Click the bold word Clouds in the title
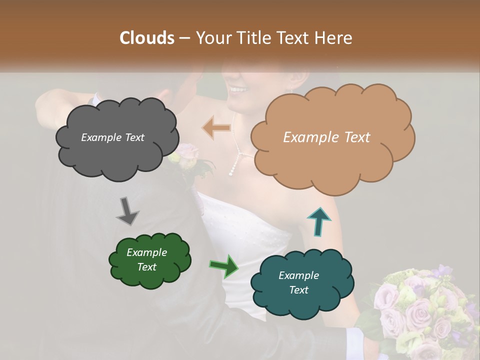click(147, 38)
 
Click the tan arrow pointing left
click(216, 128)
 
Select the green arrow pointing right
click(224, 265)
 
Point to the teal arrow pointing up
click(318, 221)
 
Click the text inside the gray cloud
click(112, 137)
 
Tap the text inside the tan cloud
click(326, 137)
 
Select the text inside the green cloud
click(147, 259)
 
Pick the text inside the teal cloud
click(298, 282)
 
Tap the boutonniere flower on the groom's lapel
click(186, 155)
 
